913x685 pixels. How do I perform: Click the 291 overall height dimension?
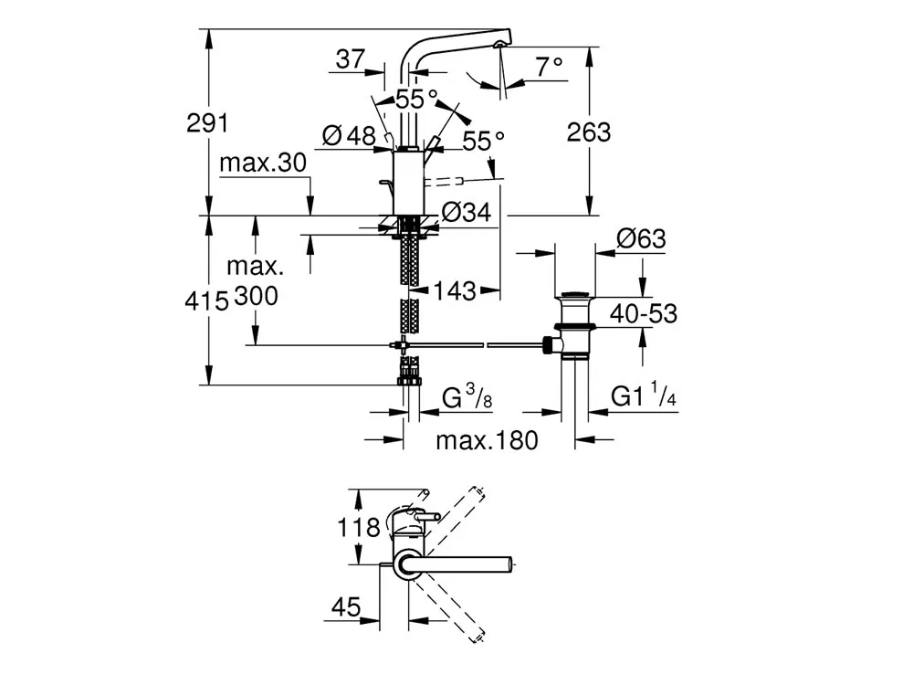pos(207,123)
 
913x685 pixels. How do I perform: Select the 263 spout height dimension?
pos(589,132)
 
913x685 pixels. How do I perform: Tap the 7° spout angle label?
pos(549,67)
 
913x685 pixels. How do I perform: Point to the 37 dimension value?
pos(351,58)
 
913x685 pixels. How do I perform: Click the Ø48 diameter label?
pos(349,136)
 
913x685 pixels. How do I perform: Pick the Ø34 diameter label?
pos(467,213)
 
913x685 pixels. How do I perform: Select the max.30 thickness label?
pos(263,163)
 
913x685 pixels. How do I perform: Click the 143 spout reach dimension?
pos(454,290)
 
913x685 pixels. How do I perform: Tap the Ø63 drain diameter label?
pos(641,238)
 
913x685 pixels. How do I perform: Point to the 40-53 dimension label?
pos(644,314)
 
